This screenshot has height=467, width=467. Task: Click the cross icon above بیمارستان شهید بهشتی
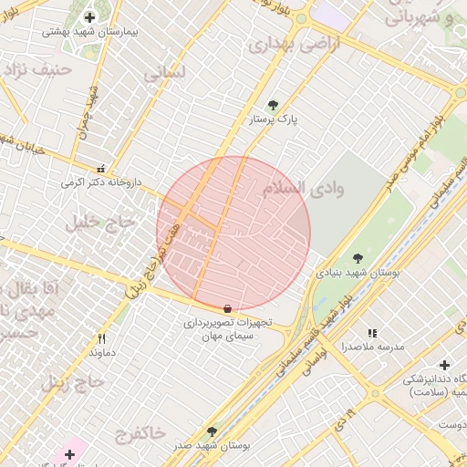(x=89, y=17)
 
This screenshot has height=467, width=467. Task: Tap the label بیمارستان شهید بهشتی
(x=89, y=31)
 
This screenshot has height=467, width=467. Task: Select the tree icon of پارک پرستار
(x=273, y=106)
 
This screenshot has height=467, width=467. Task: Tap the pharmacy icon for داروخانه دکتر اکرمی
(x=101, y=169)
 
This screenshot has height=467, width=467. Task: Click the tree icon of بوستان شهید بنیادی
(x=358, y=258)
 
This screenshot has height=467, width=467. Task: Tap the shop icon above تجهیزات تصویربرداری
(x=227, y=308)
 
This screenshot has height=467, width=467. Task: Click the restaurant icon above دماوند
(x=101, y=338)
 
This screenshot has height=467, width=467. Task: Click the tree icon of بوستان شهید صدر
(x=213, y=431)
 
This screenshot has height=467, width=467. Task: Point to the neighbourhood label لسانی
(x=164, y=71)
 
